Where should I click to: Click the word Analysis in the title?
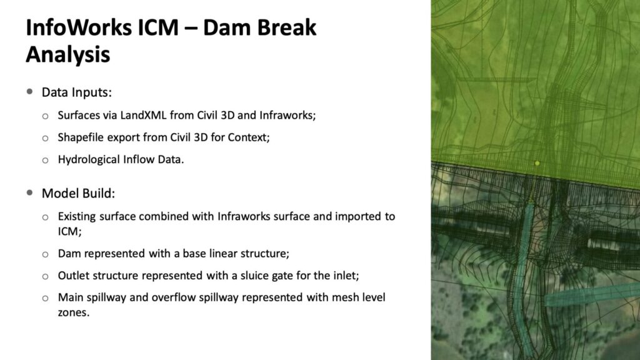[67, 54]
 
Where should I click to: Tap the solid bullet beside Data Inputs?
[29, 91]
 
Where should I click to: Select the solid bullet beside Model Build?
[29, 192]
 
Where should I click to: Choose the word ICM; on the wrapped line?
[70, 231]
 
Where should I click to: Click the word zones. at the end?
[74, 312]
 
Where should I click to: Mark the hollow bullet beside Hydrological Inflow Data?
[45, 161]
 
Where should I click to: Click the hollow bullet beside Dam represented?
[45, 255]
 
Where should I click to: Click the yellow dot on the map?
[537, 163]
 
